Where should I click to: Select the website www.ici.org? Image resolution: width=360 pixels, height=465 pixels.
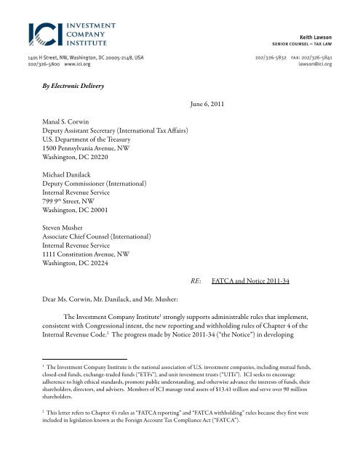[x=81, y=63]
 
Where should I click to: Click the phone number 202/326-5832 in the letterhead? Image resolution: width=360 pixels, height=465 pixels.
[x=271, y=55]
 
